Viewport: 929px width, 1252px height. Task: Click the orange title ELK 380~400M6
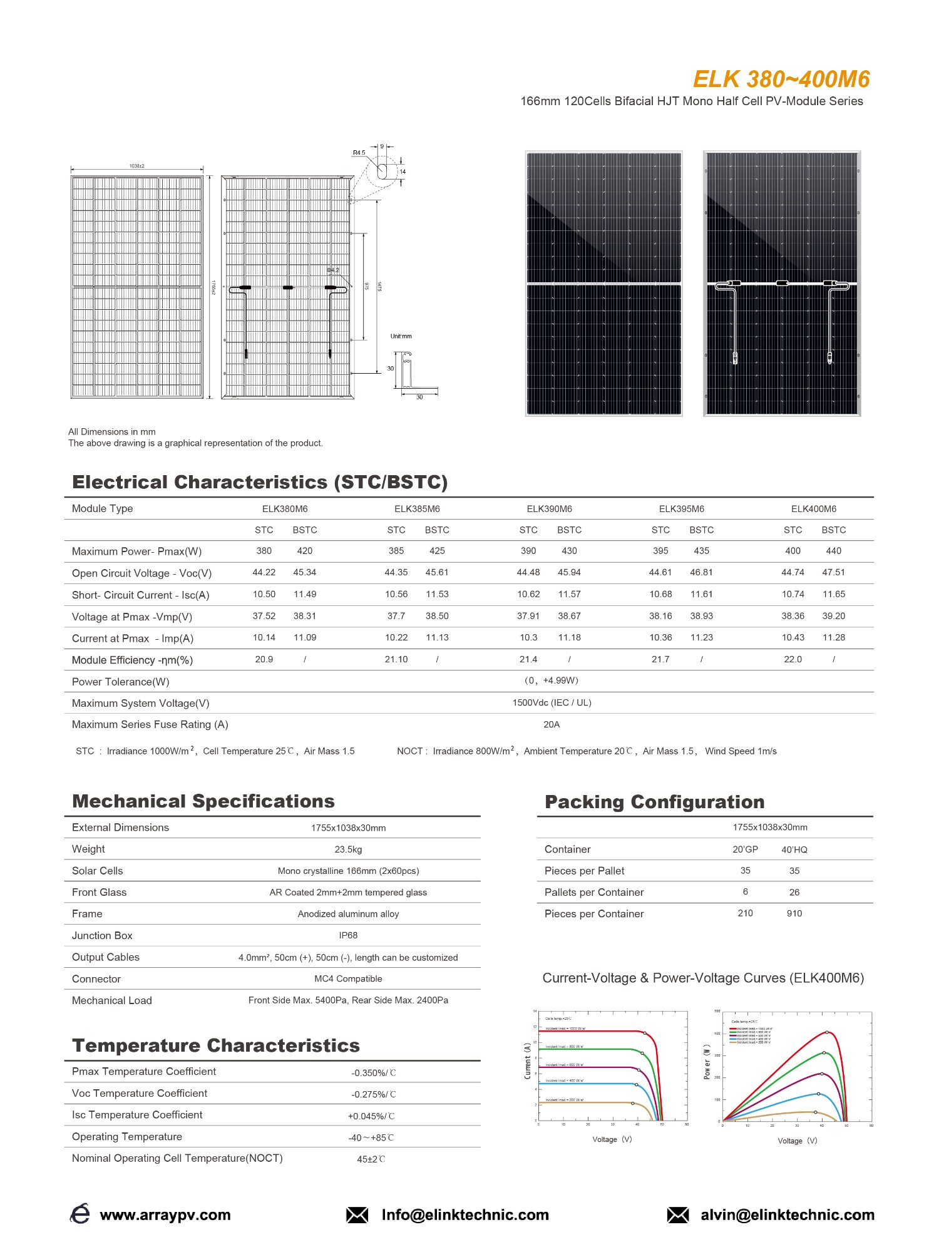coord(781,80)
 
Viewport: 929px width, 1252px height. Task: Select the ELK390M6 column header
coord(549,509)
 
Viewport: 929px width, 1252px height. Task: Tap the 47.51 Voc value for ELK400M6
coord(833,572)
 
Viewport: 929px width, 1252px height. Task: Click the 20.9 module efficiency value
coord(264,659)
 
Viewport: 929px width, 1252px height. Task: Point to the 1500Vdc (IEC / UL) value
coord(552,702)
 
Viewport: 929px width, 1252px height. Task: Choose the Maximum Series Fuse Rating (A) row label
coord(150,724)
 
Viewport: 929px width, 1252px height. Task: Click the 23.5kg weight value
coord(348,849)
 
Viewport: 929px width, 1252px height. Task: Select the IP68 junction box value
coord(348,935)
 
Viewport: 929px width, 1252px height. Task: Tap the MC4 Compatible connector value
coord(348,978)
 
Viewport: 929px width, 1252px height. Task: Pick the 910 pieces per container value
coord(794,913)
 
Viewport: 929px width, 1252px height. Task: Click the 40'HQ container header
coord(794,849)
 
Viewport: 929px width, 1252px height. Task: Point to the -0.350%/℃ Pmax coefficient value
coord(373,1073)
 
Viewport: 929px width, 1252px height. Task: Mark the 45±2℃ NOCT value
coord(371,1159)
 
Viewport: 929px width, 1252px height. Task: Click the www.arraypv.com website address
coord(165,1215)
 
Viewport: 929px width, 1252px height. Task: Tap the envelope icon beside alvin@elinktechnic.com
coord(677,1215)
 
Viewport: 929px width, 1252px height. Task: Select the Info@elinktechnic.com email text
coord(465,1215)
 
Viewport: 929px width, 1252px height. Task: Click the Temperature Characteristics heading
coord(216,1045)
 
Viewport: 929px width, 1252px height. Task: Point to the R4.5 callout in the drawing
coord(359,153)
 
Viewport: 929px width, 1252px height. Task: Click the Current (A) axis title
coord(528,1060)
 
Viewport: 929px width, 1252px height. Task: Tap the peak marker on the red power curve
coord(827,1032)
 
